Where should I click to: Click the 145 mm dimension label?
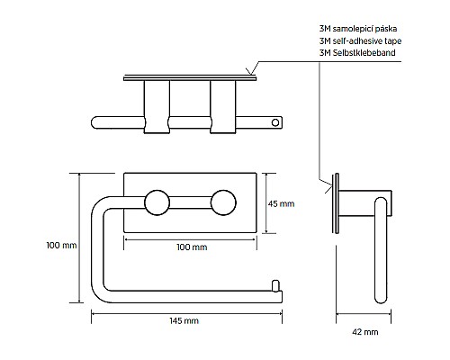(184, 320)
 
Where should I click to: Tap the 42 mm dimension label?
(365, 332)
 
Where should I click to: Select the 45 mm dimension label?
(281, 203)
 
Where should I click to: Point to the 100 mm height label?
(61, 245)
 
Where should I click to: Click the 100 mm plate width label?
(192, 247)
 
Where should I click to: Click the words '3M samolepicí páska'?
(358, 29)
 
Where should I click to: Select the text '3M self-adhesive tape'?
(360, 40)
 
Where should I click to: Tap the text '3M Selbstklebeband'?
(357, 53)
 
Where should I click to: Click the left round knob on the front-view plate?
(157, 202)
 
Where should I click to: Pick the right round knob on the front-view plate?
(223, 202)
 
